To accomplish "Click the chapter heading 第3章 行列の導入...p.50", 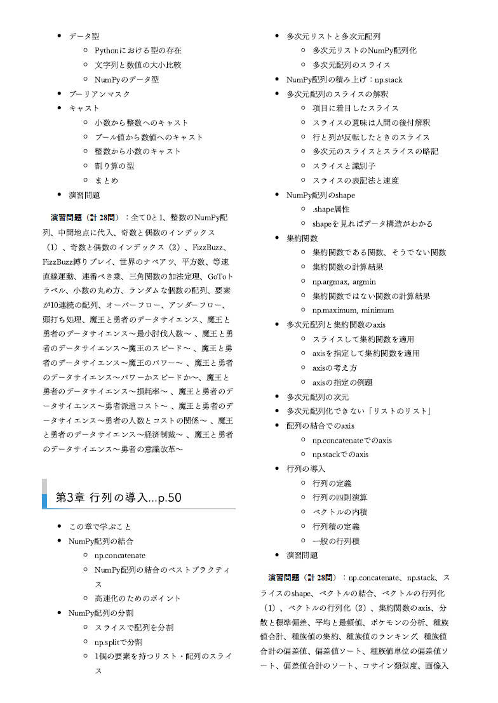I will click(119, 497).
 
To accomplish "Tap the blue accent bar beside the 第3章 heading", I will click(44, 500).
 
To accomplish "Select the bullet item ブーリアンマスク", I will click(99, 94).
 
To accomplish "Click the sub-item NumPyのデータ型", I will click(126, 79).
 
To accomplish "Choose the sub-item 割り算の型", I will click(114, 166).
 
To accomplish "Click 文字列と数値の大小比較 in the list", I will click(138, 65).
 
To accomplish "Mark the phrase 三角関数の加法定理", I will click(164, 276).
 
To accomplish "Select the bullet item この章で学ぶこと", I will click(100, 526).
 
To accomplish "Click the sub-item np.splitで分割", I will click(118, 641).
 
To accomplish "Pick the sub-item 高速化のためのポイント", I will click(137, 598).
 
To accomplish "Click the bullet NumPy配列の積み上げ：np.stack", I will click(344, 79).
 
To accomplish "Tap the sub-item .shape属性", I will click(330, 209).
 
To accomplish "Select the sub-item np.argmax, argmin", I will click(344, 281).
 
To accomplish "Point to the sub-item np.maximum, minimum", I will click(353, 311).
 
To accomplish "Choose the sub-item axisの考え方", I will click(334, 368).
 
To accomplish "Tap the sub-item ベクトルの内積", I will click(340, 511).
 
